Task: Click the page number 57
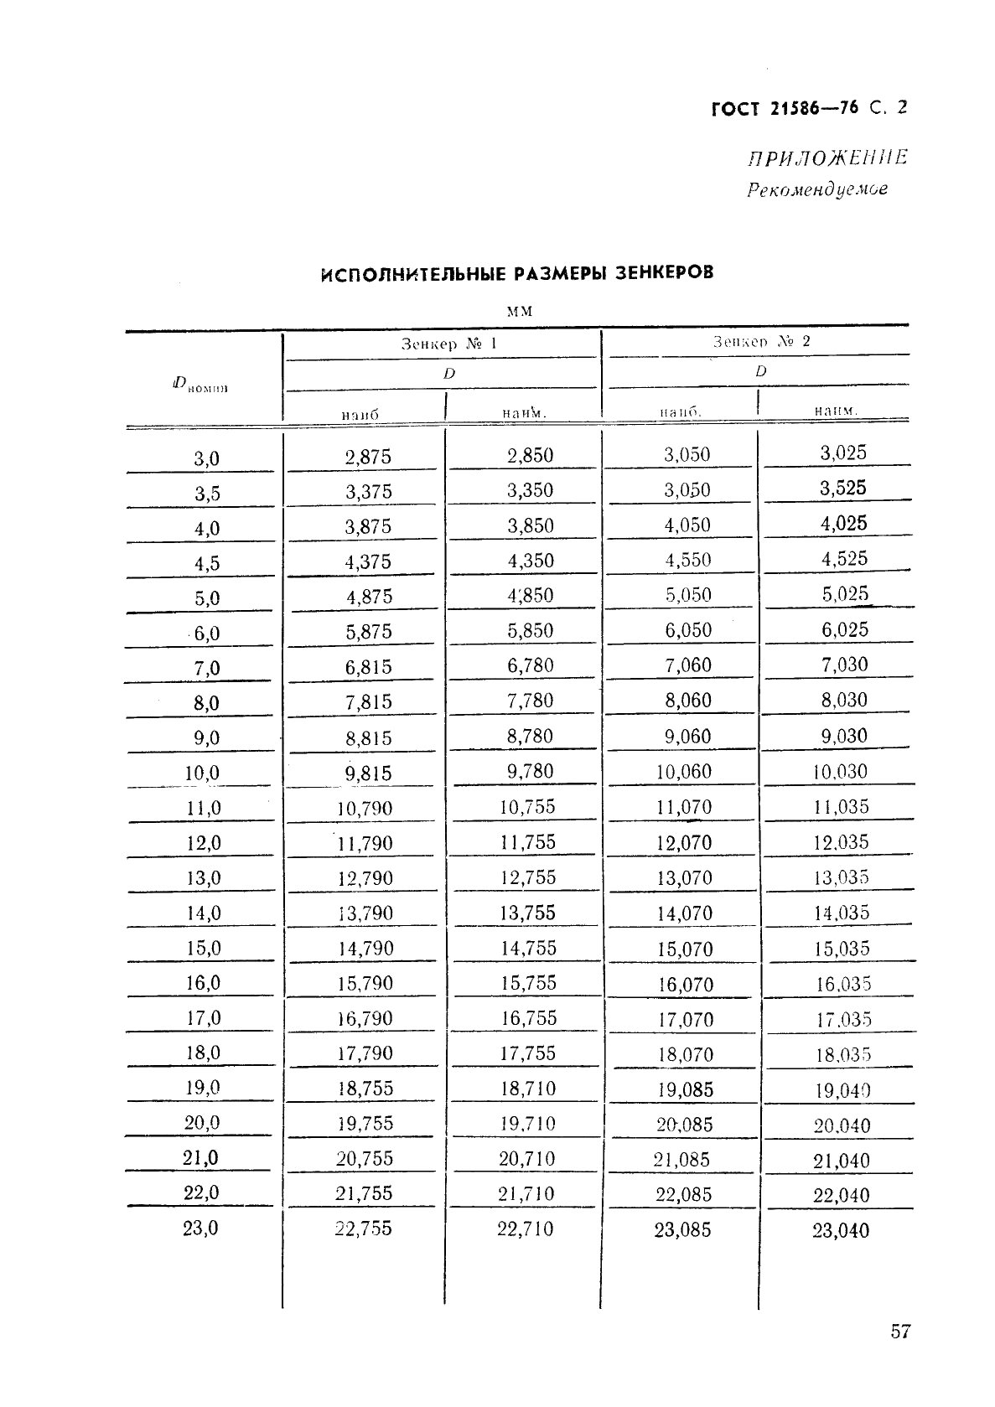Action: coord(899,1332)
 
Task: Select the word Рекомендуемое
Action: coord(816,189)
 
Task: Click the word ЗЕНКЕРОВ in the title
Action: coord(664,272)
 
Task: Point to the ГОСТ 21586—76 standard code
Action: coord(785,108)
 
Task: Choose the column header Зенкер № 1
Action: coord(448,344)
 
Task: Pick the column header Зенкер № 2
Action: coord(761,341)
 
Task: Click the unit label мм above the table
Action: coord(520,311)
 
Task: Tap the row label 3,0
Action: coord(206,458)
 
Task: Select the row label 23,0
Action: coord(200,1228)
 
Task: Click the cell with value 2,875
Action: coord(368,457)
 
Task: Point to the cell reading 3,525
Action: coord(843,488)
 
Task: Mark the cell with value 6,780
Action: coord(530,665)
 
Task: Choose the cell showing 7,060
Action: coord(687,665)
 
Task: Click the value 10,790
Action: coord(365,809)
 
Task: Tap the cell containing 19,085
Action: coord(685,1089)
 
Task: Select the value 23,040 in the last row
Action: coord(841,1230)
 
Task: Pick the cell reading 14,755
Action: coord(528,948)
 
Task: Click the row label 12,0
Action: coord(204,843)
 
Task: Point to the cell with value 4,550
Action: coord(687,560)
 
